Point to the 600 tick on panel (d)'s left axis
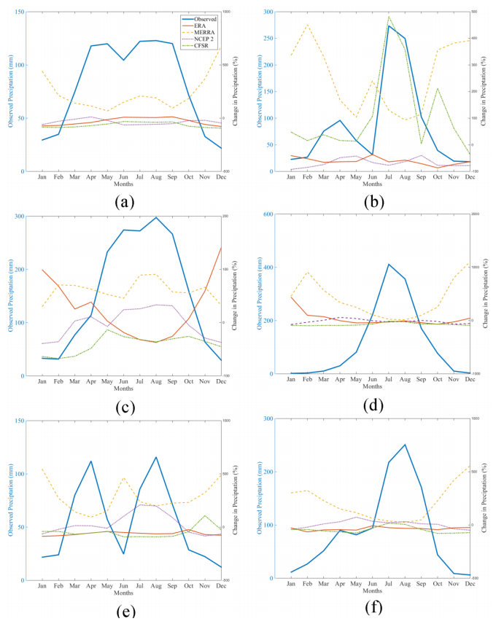point(268,214)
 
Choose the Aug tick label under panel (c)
point(155,381)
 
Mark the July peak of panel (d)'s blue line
point(389,264)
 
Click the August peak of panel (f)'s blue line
point(405,445)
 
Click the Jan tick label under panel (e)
point(42,584)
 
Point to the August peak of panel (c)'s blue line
point(155,217)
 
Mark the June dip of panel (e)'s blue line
point(123,554)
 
